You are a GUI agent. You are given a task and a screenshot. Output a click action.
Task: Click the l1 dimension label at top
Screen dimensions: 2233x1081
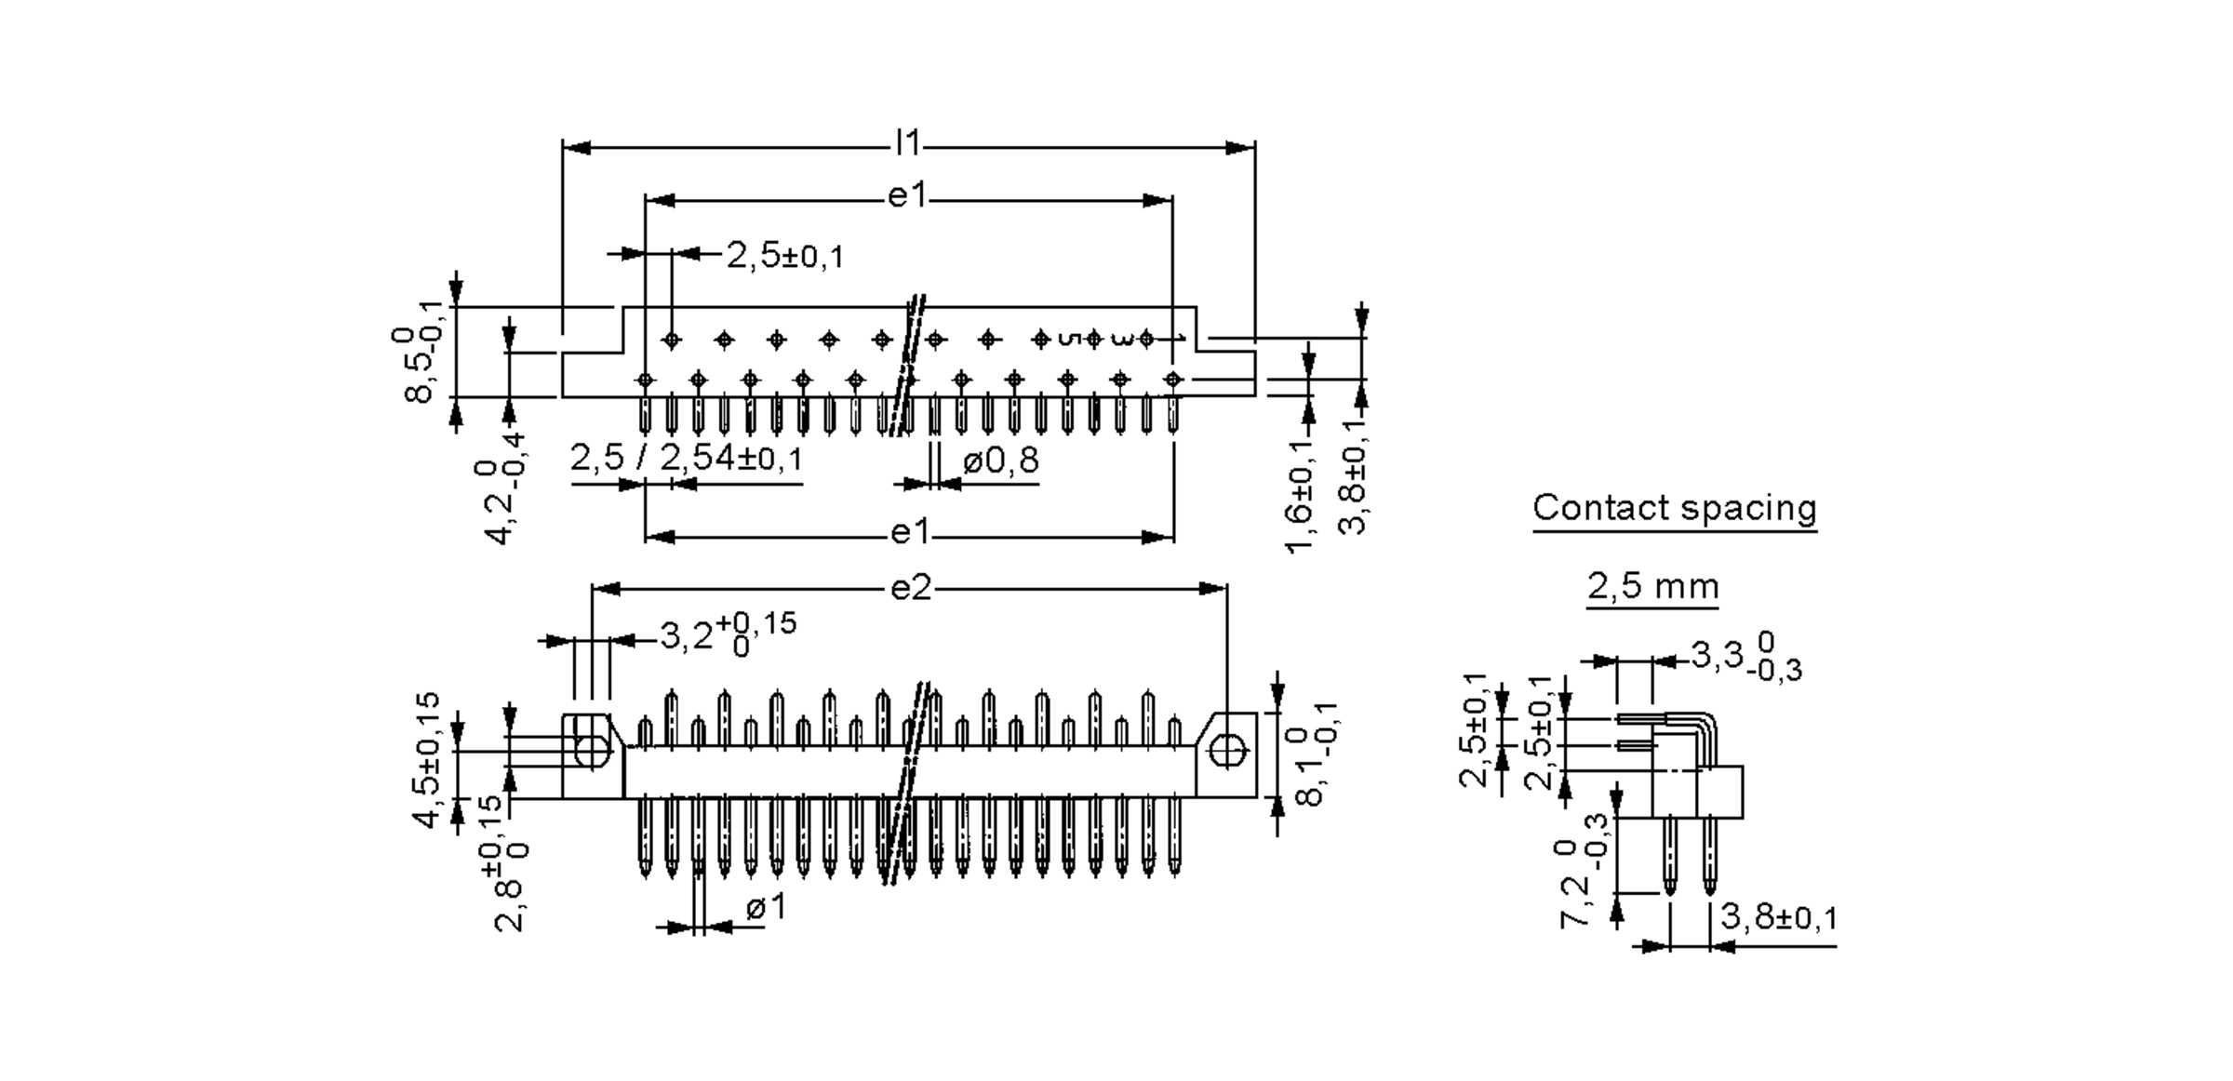pyautogui.click(x=907, y=144)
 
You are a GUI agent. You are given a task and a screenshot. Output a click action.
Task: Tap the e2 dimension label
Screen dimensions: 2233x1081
pyautogui.click(x=911, y=588)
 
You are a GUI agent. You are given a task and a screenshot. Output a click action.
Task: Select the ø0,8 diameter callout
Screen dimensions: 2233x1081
pyautogui.click(x=1001, y=460)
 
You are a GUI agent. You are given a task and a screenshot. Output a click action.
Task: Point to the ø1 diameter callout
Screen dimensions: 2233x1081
pyautogui.click(x=767, y=907)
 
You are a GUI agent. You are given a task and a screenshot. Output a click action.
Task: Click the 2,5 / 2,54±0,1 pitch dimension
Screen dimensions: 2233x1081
pyautogui.click(x=686, y=458)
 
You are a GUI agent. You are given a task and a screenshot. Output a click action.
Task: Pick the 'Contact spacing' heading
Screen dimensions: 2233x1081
pyautogui.click(x=1675, y=508)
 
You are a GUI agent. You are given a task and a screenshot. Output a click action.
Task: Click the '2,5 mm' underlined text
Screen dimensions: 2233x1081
pyautogui.click(x=1652, y=586)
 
